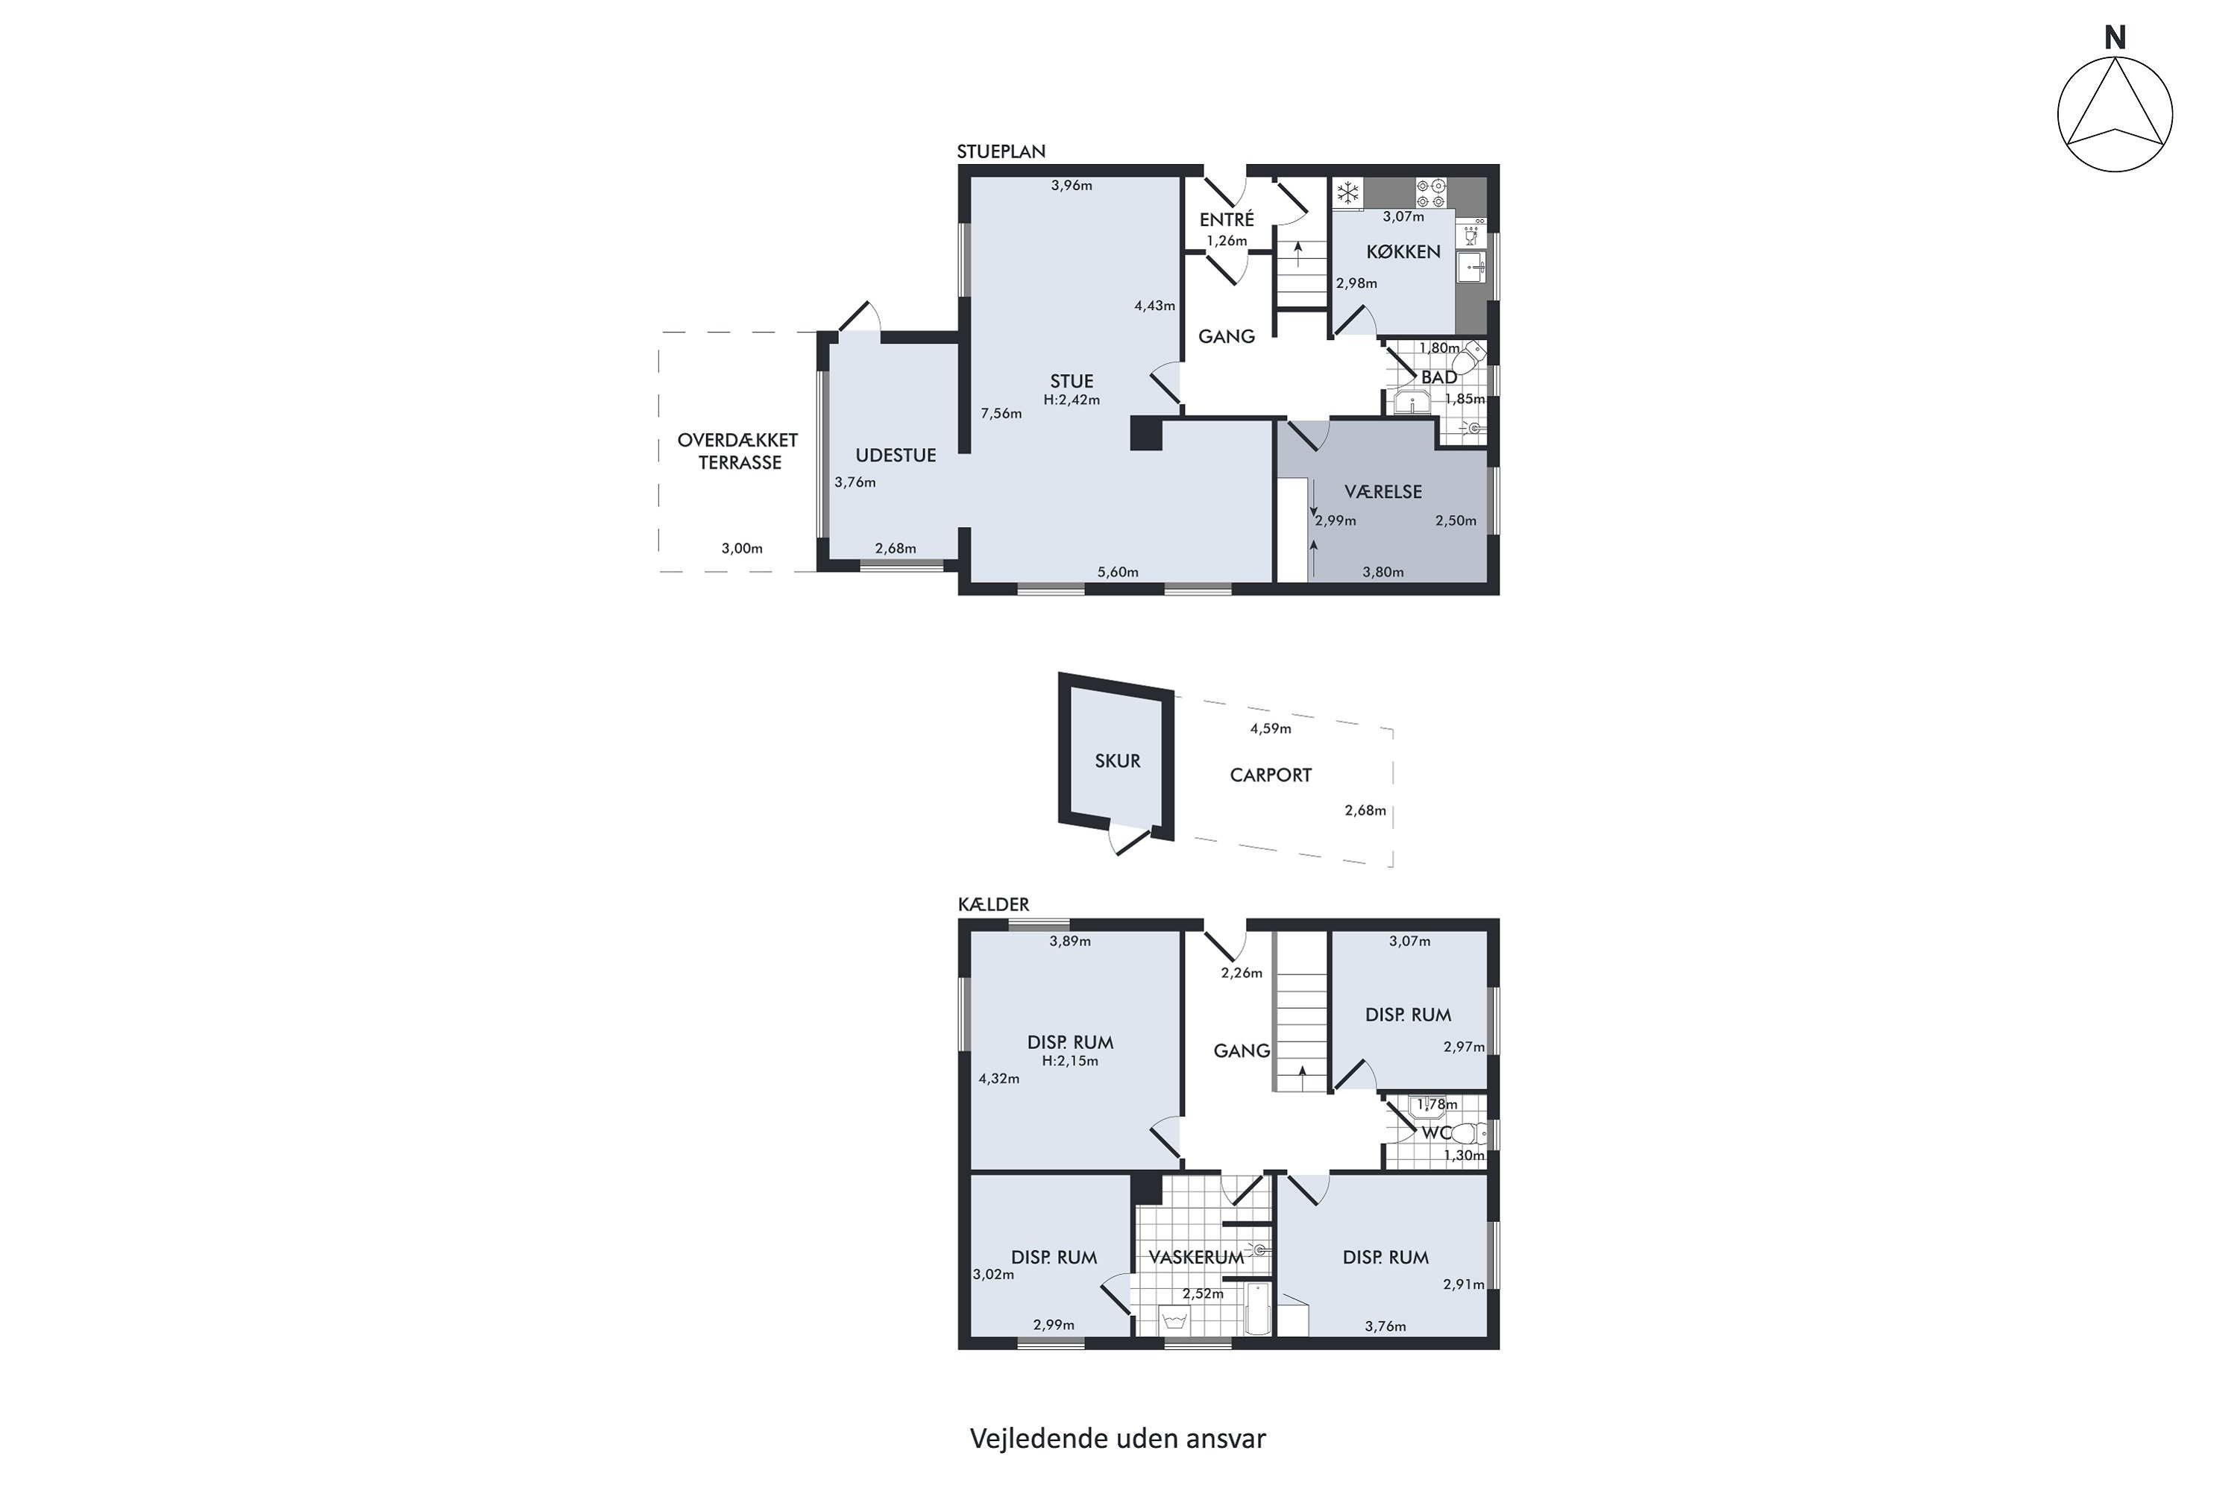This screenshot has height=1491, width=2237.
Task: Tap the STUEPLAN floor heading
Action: pos(1001,151)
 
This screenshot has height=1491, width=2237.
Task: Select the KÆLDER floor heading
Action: pos(993,904)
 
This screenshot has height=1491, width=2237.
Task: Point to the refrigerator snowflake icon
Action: pos(1347,193)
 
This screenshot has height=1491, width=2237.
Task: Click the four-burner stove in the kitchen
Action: pos(1432,193)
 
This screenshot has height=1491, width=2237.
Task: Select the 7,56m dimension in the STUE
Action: pos(1001,414)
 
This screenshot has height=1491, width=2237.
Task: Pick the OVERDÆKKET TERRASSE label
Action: pos(738,452)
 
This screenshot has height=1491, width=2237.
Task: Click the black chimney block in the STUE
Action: pos(1146,432)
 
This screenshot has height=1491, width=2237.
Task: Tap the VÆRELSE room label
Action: pos(1383,491)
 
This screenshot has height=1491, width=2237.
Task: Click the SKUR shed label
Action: pos(1118,760)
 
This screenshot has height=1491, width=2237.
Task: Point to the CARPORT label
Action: pos(1271,775)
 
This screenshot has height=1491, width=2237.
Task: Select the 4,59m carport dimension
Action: pos(1271,729)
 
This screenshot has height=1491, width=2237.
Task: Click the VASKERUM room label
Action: pos(1195,1257)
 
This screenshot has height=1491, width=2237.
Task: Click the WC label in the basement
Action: pos(1436,1133)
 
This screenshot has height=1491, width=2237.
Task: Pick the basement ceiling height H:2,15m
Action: pos(1070,1061)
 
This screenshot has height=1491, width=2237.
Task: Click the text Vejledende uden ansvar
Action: pos(1118,1439)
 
